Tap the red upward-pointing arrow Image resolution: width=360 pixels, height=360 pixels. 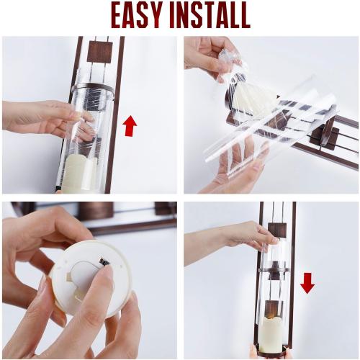[x=130, y=126]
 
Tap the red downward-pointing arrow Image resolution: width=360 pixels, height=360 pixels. [x=307, y=284]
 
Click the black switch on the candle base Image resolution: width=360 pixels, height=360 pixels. [x=103, y=262]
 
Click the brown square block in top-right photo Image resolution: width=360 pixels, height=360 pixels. [x=325, y=138]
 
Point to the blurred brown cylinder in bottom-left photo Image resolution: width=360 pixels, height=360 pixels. [x=96, y=210]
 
